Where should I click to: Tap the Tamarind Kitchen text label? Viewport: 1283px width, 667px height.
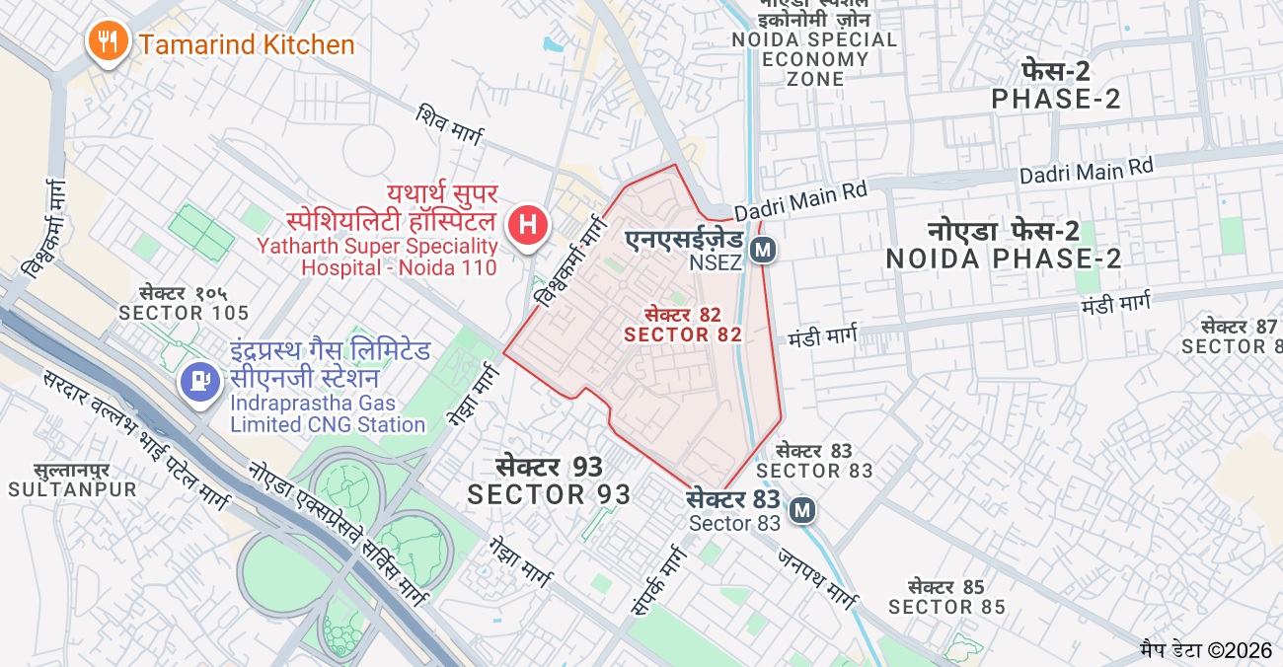pyautogui.click(x=246, y=45)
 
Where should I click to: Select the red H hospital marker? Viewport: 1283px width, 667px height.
pyautogui.click(x=527, y=223)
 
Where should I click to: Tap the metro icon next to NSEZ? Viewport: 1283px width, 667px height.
pyautogui.click(x=761, y=251)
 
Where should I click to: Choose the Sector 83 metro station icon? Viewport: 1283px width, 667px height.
pyautogui.click(x=802, y=510)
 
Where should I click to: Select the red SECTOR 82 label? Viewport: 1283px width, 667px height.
pyautogui.click(x=682, y=325)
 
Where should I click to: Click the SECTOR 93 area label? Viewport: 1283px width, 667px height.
pyautogui.click(x=549, y=481)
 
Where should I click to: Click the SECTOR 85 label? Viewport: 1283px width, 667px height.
pyautogui.click(x=946, y=597)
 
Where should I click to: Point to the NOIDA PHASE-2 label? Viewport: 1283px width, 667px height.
pyautogui.click(x=1004, y=246)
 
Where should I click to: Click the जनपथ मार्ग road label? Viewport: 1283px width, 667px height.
pyautogui.click(x=817, y=576)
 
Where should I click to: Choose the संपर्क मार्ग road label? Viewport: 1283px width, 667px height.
pyautogui.click(x=656, y=582)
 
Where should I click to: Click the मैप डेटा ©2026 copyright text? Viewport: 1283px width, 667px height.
pyautogui.click(x=1205, y=649)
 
